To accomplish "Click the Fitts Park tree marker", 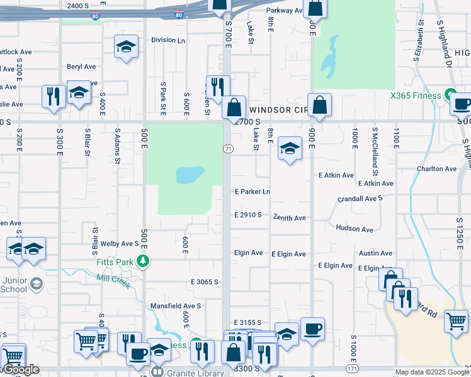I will pos(144,261).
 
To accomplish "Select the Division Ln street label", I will pos(168,40).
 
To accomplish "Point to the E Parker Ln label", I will pos(252,192).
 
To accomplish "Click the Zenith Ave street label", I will pos(289,217).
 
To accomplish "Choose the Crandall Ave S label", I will pos(360,198).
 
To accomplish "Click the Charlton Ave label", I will pos(436,169).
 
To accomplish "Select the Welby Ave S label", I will pos(118,243).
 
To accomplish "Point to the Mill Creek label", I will pos(113,280).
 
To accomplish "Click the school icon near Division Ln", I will pos(126,47).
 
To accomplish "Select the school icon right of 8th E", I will pos(289,148).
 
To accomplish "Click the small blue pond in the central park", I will pos(191,174).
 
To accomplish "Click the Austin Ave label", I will pos(376,253).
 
